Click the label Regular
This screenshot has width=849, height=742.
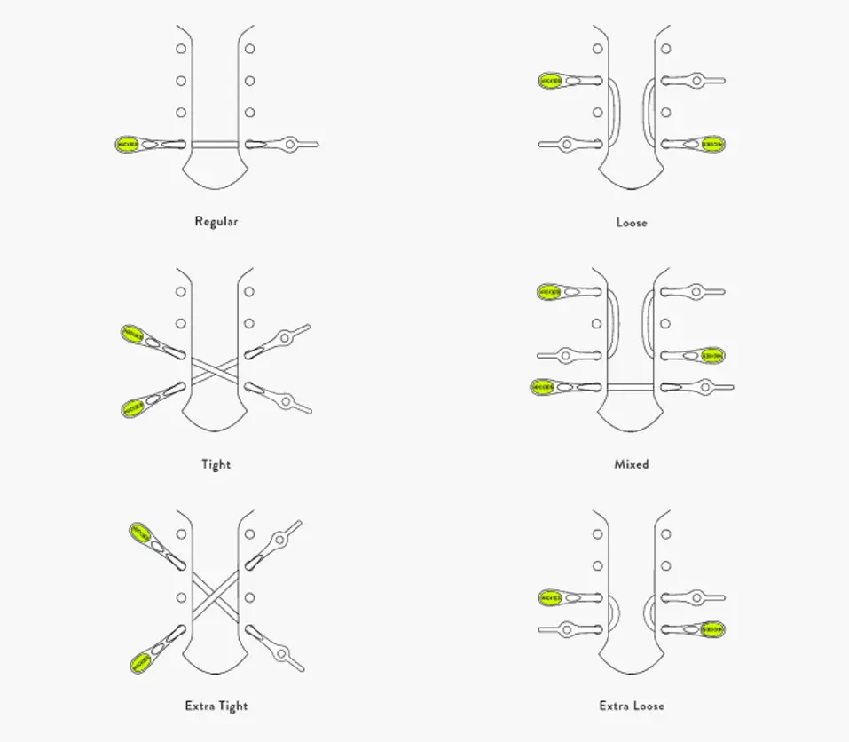click(216, 222)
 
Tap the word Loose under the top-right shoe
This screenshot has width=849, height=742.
click(631, 223)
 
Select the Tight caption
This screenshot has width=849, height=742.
click(216, 464)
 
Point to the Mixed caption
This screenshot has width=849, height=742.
click(631, 464)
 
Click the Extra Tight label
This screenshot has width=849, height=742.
click(216, 706)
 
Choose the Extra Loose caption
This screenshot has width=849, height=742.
click(631, 706)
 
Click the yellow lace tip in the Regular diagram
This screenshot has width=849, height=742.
click(128, 145)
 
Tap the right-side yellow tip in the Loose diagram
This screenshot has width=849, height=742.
click(712, 144)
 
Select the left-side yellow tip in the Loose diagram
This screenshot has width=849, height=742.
click(550, 81)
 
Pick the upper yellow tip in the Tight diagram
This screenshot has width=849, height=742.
click(132, 335)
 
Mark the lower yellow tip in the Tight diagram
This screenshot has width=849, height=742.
click(132, 407)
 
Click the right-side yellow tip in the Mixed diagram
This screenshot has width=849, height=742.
click(712, 356)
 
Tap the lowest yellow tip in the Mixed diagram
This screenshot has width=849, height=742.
click(542, 388)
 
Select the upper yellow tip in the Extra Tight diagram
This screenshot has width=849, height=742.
click(140, 533)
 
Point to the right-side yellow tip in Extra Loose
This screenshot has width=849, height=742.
click(712, 630)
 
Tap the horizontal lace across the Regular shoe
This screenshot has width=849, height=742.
click(216, 144)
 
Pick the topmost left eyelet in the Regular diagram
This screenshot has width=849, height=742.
click(181, 49)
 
